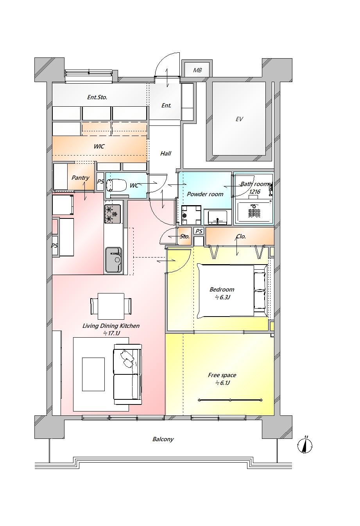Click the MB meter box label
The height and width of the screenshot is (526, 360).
pos(197,70)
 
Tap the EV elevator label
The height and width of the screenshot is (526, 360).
pos(239,119)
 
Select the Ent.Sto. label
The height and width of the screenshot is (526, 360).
pos(97,97)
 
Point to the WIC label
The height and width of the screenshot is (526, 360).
pos(99,146)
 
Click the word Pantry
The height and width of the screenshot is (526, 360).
pos(80,178)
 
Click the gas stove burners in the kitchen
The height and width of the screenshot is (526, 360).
pos(113,214)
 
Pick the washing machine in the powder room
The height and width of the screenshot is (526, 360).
pos(191,215)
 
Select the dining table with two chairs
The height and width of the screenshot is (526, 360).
pos(111,306)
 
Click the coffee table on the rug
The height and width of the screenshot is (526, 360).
pos(93,374)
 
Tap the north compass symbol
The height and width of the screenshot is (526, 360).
pos(305,445)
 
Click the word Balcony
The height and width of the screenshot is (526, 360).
pos(163,439)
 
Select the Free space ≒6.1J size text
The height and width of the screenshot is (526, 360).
pos(222,383)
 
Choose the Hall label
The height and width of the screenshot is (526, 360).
pos(166,154)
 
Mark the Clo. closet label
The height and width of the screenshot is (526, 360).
pos(241,236)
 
